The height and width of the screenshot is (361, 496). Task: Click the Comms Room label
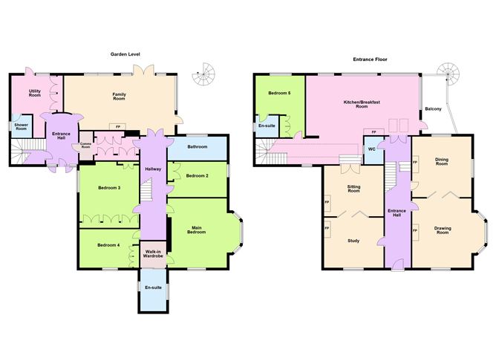(85, 145)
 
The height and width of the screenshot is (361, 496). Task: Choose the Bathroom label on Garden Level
(197, 146)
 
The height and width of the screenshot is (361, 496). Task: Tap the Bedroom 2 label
(197, 175)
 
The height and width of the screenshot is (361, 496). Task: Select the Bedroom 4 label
(108, 244)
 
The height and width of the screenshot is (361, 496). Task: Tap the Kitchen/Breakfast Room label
(356, 104)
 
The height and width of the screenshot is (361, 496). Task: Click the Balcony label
(434, 110)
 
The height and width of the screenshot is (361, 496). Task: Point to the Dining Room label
(442, 161)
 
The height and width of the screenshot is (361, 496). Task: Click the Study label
(353, 240)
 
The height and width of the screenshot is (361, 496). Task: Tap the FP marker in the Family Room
(118, 126)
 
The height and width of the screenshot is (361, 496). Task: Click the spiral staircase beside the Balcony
(448, 72)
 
